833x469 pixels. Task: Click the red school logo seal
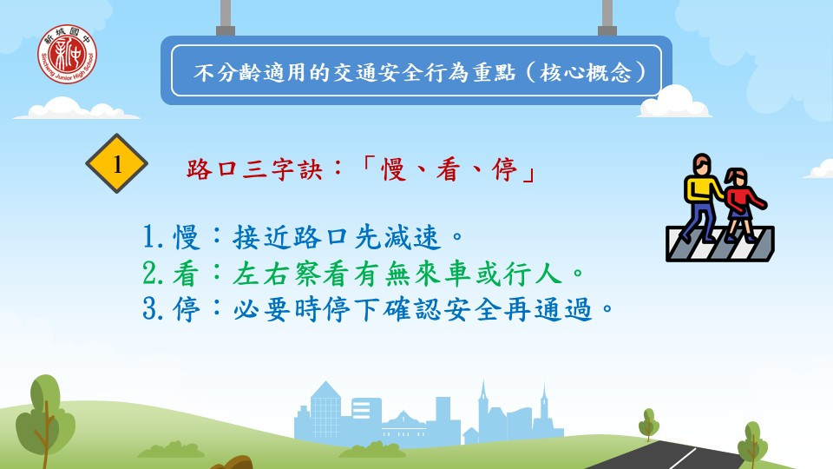pos(67,54)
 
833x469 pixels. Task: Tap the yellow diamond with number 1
pos(117,164)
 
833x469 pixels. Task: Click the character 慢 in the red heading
pos(395,170)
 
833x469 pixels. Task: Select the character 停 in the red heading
pos(504,170)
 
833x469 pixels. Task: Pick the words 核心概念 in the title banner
pos(586,72)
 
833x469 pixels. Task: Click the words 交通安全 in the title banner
pos(377,72)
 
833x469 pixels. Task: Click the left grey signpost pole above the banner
pos(226,18)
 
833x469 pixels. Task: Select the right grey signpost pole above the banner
pos(607,18)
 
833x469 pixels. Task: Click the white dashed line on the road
pos(682,458)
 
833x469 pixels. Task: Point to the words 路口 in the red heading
pos(212,170)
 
